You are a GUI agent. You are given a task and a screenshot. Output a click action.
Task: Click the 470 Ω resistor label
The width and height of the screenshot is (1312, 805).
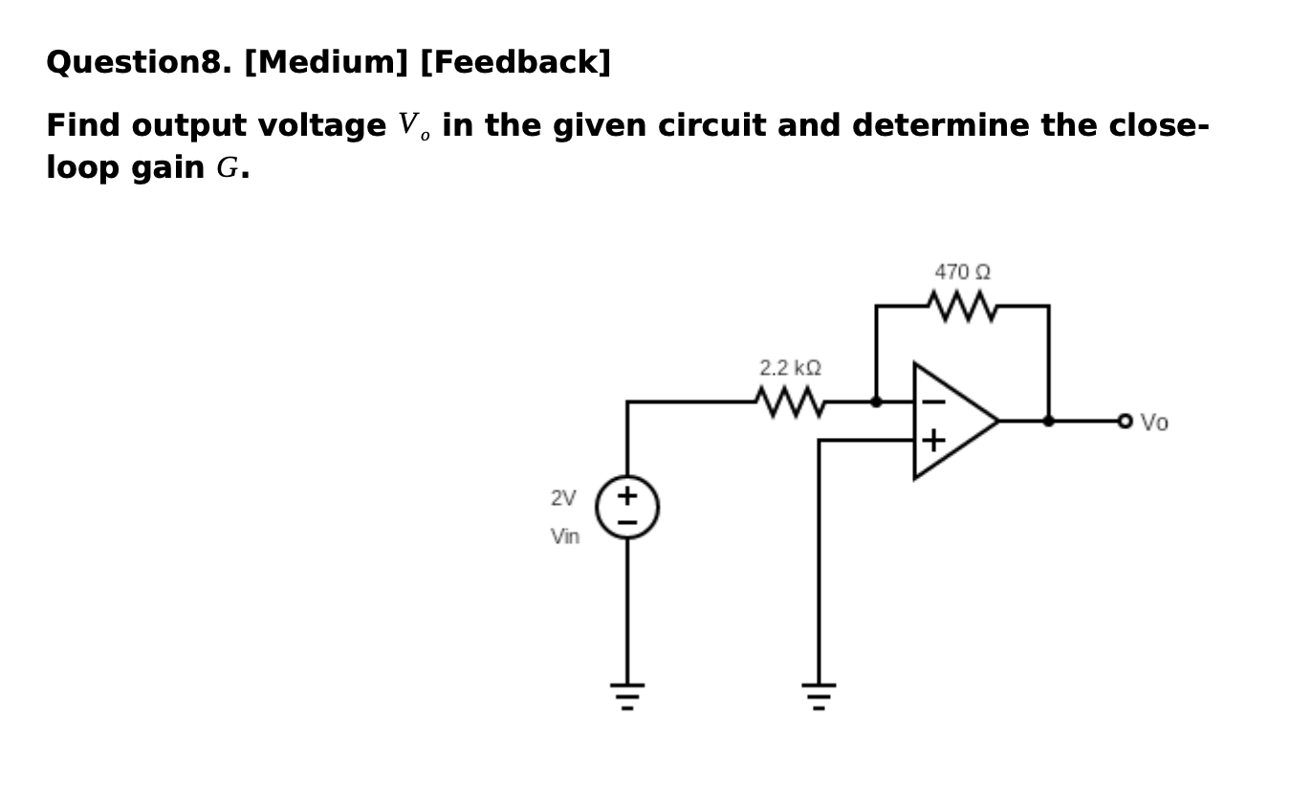click(962, 272)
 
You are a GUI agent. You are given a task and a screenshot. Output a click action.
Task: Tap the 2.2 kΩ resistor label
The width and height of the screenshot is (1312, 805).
click(790, 368)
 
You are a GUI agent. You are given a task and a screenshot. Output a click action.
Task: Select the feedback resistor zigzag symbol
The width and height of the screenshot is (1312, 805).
click(962, 307)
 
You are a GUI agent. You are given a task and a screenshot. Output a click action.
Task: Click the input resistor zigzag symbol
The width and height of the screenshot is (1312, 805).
click(790, 402)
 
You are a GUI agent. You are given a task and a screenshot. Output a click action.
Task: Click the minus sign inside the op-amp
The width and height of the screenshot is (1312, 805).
click(933, 402)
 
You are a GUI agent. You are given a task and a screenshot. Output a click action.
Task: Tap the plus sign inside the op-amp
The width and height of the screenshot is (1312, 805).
click(933, 441)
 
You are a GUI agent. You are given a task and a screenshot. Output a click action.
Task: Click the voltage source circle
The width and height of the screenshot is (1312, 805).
click(627, 507)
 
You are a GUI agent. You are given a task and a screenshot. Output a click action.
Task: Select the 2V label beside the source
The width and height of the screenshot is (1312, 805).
click(563, 498)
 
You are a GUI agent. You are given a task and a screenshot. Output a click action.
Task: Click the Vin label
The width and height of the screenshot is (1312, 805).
click(565, 536)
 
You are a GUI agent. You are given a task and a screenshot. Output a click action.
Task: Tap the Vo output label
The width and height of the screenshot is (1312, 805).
click(1154, 423)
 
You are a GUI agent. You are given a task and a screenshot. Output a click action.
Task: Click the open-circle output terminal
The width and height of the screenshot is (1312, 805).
click(1125, 421)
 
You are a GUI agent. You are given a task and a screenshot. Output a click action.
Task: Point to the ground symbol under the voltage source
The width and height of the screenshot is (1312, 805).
click(627, 695)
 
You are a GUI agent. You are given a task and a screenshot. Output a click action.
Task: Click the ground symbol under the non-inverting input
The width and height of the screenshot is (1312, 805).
click(819, 695)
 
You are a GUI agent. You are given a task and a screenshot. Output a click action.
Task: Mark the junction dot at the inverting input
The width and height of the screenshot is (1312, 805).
click(876, 402)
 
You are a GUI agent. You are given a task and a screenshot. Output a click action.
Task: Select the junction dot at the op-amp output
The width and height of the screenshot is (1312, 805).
click(1048, 421)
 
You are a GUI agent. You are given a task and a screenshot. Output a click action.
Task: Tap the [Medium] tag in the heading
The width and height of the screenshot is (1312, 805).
click(326, 63)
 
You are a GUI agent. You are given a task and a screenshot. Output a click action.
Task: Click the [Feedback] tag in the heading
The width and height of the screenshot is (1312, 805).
click(514, 63)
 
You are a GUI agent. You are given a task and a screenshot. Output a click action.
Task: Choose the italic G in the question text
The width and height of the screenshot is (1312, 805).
click(227, 168)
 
